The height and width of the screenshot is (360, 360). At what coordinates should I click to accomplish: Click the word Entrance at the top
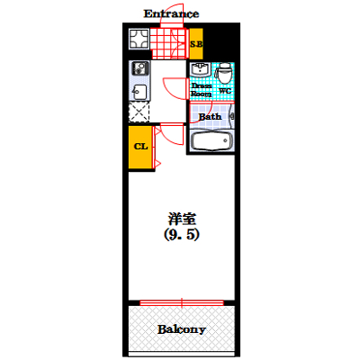click(171, 13)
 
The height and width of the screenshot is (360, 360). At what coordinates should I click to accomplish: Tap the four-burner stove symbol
click(139, 39)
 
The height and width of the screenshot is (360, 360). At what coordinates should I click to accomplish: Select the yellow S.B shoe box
click(196, 44)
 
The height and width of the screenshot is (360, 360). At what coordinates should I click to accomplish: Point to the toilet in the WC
click(225, 73)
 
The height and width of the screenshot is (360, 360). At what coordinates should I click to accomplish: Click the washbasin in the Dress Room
click(201, 69)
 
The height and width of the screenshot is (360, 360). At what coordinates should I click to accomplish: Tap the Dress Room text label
click(202, 90)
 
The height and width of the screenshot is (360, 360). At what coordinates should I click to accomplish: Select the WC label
click(225, 91)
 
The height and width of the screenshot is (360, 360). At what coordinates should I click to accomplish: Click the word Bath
click(210, 116)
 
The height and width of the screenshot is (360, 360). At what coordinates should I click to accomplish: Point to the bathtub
click(212, 140)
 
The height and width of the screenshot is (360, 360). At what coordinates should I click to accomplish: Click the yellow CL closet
click(140, 147)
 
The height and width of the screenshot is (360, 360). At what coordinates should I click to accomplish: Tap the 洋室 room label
click(182, 219)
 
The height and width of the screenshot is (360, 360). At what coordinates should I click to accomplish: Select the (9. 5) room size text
click(182, 235)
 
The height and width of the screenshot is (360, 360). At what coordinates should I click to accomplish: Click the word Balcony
click(182, 329)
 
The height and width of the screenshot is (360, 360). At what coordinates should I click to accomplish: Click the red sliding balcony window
click(182, 302)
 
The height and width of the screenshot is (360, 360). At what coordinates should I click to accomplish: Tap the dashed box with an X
click(139, 112)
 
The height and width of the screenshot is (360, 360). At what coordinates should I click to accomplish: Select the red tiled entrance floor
click(169, 43)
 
